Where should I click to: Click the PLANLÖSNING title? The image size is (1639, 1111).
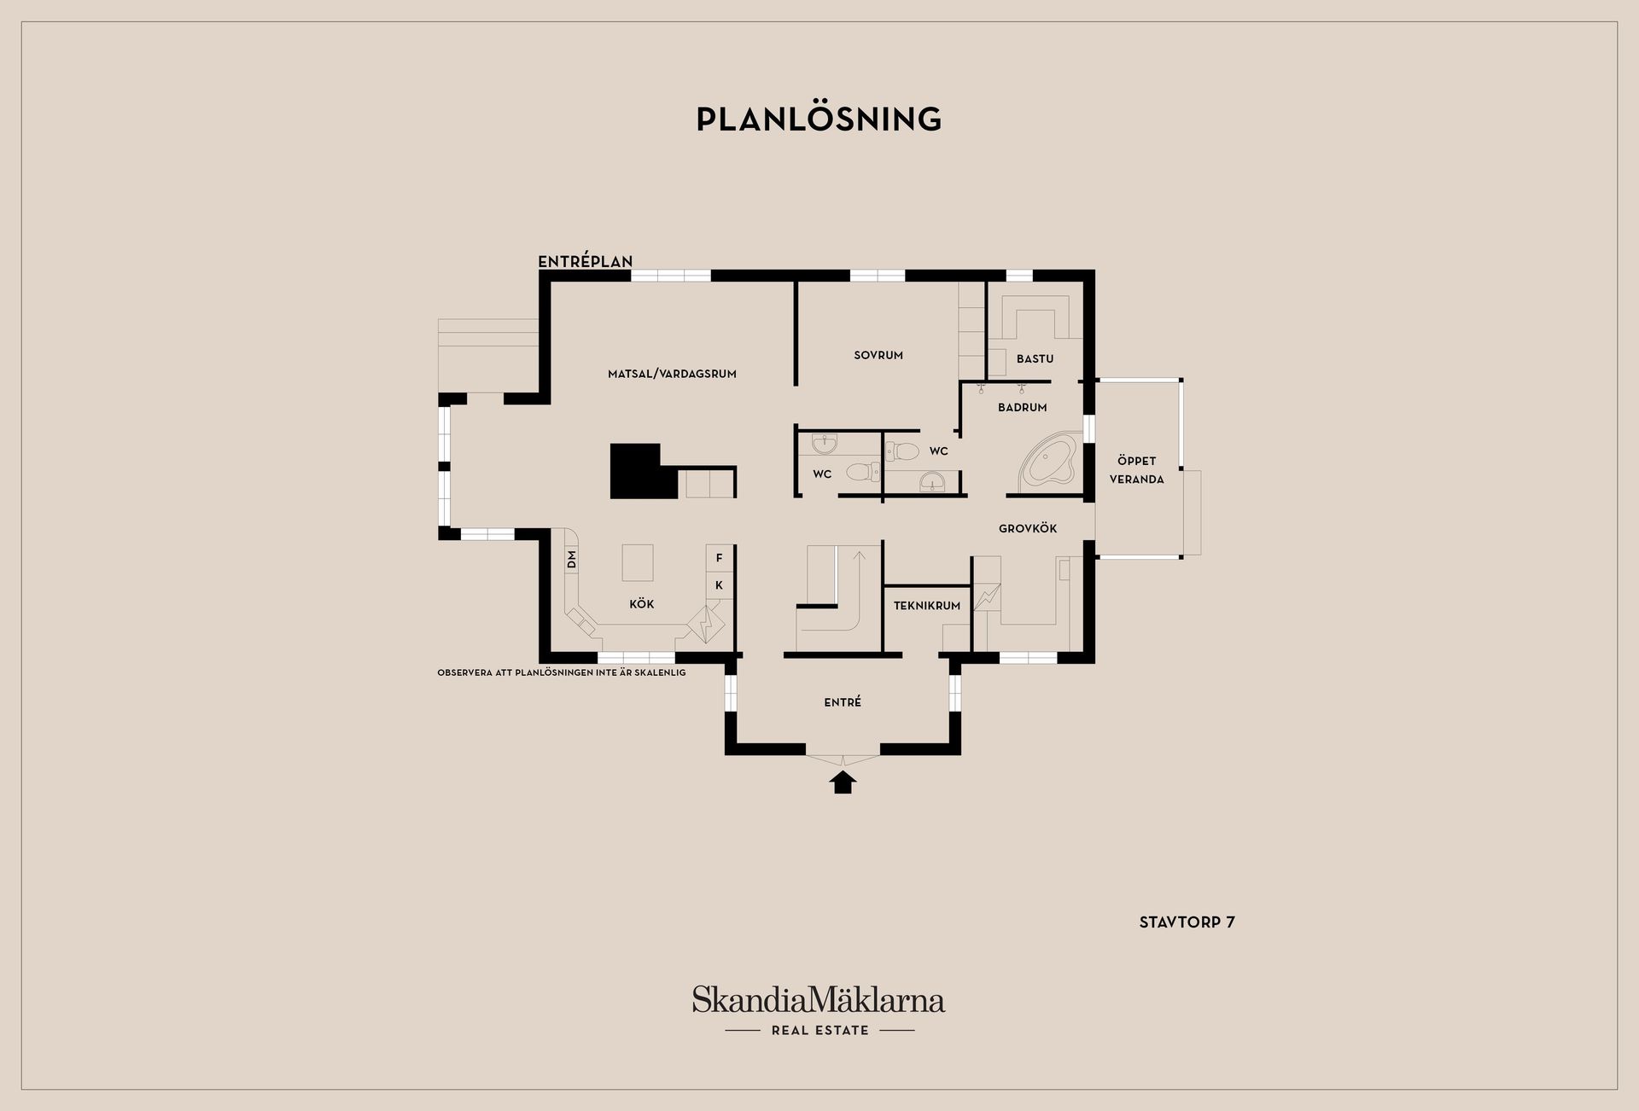[x=819, y=119]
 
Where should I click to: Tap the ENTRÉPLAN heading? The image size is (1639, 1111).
[x=586, y=262]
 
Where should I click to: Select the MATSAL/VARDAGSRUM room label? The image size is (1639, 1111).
[x=672, y=374]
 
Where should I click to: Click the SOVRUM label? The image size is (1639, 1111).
[x=878, y=355]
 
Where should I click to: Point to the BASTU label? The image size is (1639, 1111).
[x=1035, y=359]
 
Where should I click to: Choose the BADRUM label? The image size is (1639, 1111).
[x=1022, y=408]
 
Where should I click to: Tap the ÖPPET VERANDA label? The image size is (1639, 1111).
[x=1136, y=470]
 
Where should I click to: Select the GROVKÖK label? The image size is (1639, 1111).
[x=1028, y=529]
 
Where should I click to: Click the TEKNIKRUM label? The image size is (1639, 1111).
[x=927, y=606]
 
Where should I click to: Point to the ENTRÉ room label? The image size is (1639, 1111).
[x=843, y=702]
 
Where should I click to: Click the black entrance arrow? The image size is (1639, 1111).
[x=843, y=782]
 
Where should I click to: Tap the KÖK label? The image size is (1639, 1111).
[x=642, y=604]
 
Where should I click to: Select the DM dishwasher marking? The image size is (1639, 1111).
[x=572, y=560]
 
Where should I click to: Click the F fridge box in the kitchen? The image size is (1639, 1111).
[x=719, y=558]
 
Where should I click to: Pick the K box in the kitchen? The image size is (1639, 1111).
[x=719, y=585]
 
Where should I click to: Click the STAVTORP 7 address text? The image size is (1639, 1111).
[x=1187, y=922]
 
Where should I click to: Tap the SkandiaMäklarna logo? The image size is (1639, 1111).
[x=819, y=1010]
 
